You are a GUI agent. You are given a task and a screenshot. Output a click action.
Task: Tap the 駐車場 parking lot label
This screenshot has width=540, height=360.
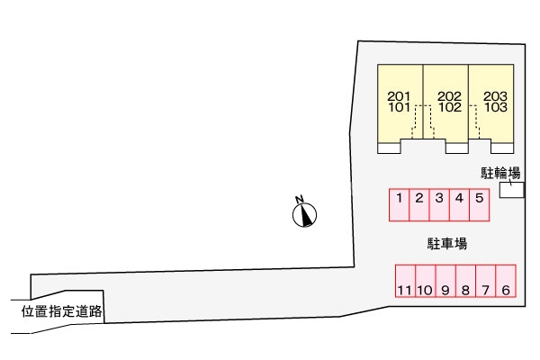[446, 243]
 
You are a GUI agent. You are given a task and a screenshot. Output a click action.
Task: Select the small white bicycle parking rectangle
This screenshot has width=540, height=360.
[511, 190]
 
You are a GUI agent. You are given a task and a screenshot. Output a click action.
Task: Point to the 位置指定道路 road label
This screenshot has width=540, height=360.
[62, 311]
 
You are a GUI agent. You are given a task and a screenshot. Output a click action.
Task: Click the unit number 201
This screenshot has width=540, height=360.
[399, 95]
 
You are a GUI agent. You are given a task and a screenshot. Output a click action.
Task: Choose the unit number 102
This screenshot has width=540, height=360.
[450, 106]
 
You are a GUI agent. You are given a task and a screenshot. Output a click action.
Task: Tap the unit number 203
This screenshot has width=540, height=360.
[496, 95]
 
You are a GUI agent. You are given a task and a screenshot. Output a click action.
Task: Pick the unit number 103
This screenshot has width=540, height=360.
[496, 106]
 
